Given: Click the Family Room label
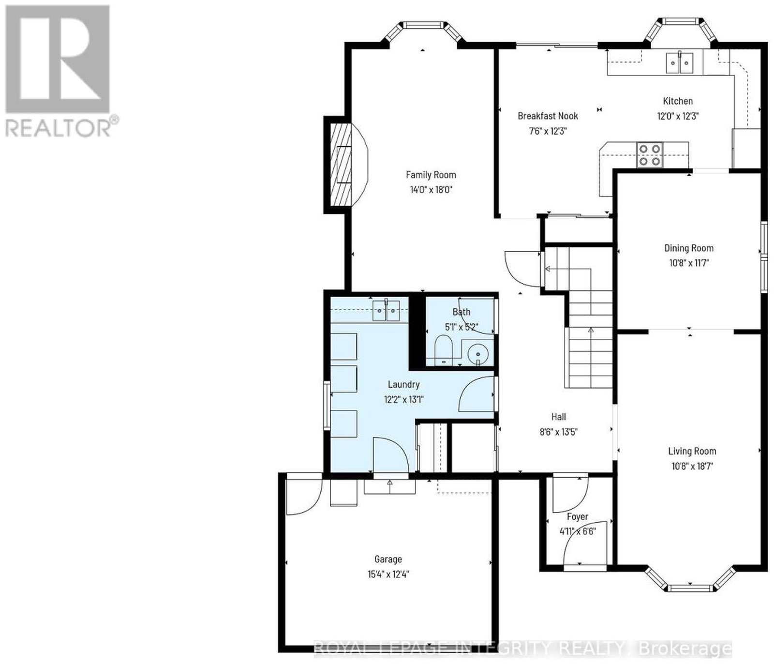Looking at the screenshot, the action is click(431, 175).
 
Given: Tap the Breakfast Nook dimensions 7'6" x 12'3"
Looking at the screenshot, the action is click(548, 131).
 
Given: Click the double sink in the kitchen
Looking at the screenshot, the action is click(680, 62).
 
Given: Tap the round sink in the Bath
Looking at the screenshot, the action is click(478, 353).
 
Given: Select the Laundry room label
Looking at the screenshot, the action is click(403, 384).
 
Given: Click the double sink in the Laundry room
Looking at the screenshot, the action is click(386, 310).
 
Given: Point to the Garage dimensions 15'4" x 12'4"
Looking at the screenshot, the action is click(388, 574).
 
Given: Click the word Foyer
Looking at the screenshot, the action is click(577, 517).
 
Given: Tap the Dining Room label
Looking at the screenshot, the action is click(688, 248).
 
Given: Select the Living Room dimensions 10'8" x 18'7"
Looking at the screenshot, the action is click(692, 467).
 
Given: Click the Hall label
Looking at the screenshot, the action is click(559, 417).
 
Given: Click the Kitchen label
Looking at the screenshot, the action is click(678, 101).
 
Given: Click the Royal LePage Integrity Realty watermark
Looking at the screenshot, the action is click(523, 648).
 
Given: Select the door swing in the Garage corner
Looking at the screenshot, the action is click(304, 497).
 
